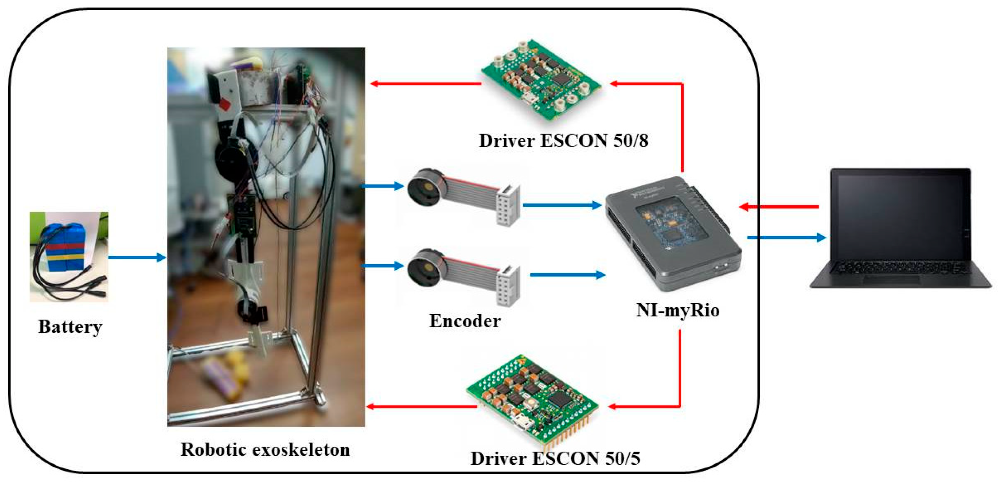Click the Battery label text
(x=70, y=327)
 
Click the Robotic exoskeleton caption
(x=265, y=449)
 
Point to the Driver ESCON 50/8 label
(x=563, y=140)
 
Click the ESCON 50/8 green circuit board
(x=542, y=80)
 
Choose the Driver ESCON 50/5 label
(x=556, y=458)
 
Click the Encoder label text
(x=465, y=321)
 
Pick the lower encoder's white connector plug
(x=508, y=285)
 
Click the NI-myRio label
(x=677, y=310)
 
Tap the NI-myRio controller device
(x=672, y=234)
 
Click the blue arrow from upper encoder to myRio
(x=561, y=205)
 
